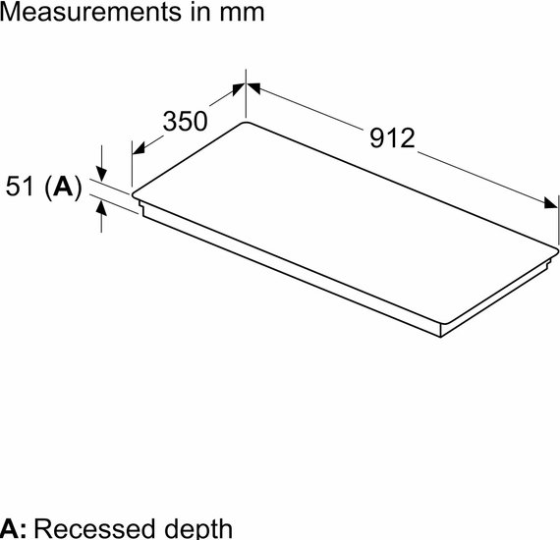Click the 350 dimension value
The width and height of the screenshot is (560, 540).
coord(185,121)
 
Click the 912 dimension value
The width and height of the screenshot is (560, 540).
coord(392,137)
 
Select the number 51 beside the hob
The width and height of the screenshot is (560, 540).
coord(20,186)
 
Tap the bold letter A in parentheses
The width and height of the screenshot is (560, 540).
coord(63,187)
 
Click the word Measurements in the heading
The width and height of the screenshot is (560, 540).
coord(90,12)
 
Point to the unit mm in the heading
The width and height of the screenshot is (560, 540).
coord(242,15)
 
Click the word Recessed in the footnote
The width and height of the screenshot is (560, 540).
coord(94,528)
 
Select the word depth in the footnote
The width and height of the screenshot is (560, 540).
coord(198,529)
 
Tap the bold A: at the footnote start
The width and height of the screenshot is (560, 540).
coord(13,528)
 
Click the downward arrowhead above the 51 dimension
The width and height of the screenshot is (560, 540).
coord(101,174)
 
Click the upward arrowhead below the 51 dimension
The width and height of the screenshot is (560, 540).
coord(101,208)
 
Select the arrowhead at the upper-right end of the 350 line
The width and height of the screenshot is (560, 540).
coord(239,89)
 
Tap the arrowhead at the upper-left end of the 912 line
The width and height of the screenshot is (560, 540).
coord(253,88)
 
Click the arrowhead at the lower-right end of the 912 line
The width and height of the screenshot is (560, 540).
coord(551,202)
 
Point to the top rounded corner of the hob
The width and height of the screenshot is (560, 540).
coord(246,123)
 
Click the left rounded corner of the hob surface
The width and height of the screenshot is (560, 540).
coord(134,195)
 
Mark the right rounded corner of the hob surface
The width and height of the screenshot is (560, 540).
coord(556,249)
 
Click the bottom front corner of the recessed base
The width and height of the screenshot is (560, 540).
coord(441,337)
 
